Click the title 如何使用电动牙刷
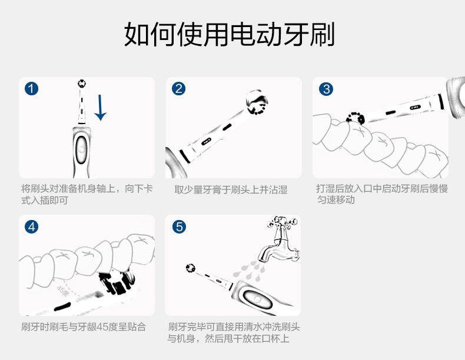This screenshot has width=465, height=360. pyautogui.click(x=229, y=34)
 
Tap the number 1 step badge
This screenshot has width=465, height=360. pyautogui.click(x=31, y=89)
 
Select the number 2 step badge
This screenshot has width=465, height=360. pyautogui.click(x=178, y=89)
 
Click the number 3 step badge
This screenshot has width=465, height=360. pyautogui.click(x=326, y=89)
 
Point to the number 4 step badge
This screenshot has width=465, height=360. pyautogui.click(x=31, y=227)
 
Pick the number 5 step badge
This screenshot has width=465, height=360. pyautogui.click(x=179, y=227)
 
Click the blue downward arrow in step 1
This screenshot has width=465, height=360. pyautogui.click(x=100, y=108)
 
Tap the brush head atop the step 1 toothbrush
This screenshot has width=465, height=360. pyautogui.click(x=82, y=84)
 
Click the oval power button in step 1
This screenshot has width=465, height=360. pyautogui.click(x=81, y=149)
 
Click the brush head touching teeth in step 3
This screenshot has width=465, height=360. pyautogui.click(x=356, y=118)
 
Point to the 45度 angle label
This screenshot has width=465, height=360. pyautogui.click(x=62, y=291)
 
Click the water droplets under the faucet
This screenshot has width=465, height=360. pyautogui.click(x=249, y=270)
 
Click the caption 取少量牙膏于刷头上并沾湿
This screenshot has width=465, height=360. pyautogui.click(x=231, y=189)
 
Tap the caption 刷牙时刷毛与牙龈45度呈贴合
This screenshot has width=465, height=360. pyautogui.click(x=84, y=327)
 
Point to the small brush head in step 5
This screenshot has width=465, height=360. pyautogui.click(x=190, y=268)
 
